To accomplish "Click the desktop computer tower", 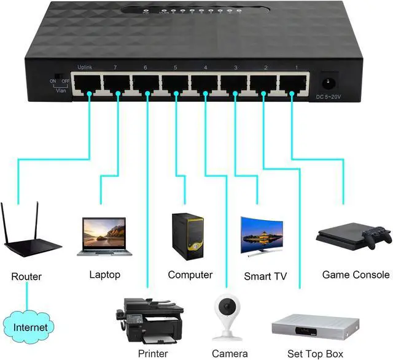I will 186,237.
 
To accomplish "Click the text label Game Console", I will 356,275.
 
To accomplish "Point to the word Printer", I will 153,353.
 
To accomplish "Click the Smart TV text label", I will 265,276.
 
